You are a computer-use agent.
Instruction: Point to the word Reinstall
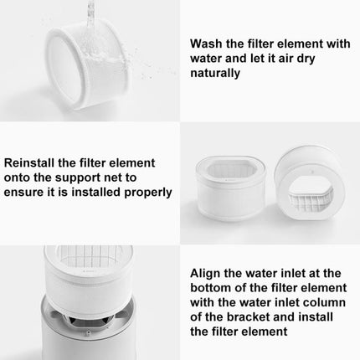(30, 161)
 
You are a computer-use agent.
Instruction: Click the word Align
(208, 272)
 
